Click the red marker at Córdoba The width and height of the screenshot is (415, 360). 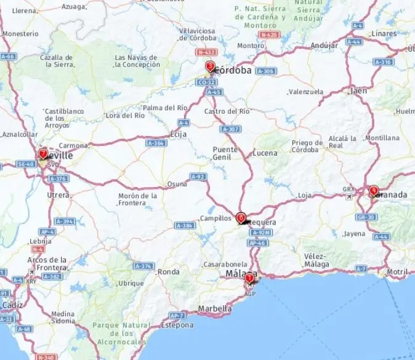click(210, 66)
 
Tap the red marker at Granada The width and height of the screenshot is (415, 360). click(373, 191)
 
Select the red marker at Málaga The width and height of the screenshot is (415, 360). click(249, 279)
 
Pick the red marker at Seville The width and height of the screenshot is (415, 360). click(42, 153)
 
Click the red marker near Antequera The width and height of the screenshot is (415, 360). click(241, 218)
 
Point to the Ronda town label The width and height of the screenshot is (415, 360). click(169, 271)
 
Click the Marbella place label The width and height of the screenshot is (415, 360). click(215, 308)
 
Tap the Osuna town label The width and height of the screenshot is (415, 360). click(177, 184)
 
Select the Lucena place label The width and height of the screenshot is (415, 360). click(265, 153)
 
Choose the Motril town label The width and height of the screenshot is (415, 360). click(397, 271)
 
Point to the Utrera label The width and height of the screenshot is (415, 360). click(58, 194)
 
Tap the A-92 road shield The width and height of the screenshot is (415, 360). click(198, 177)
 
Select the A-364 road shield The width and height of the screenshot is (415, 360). click(156, 143)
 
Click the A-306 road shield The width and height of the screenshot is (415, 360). click(265, 71)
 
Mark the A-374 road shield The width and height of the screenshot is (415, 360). click(143, 266)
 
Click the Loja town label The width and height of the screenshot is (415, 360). click(304, 195)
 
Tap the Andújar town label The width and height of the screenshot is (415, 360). click(324, 45)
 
